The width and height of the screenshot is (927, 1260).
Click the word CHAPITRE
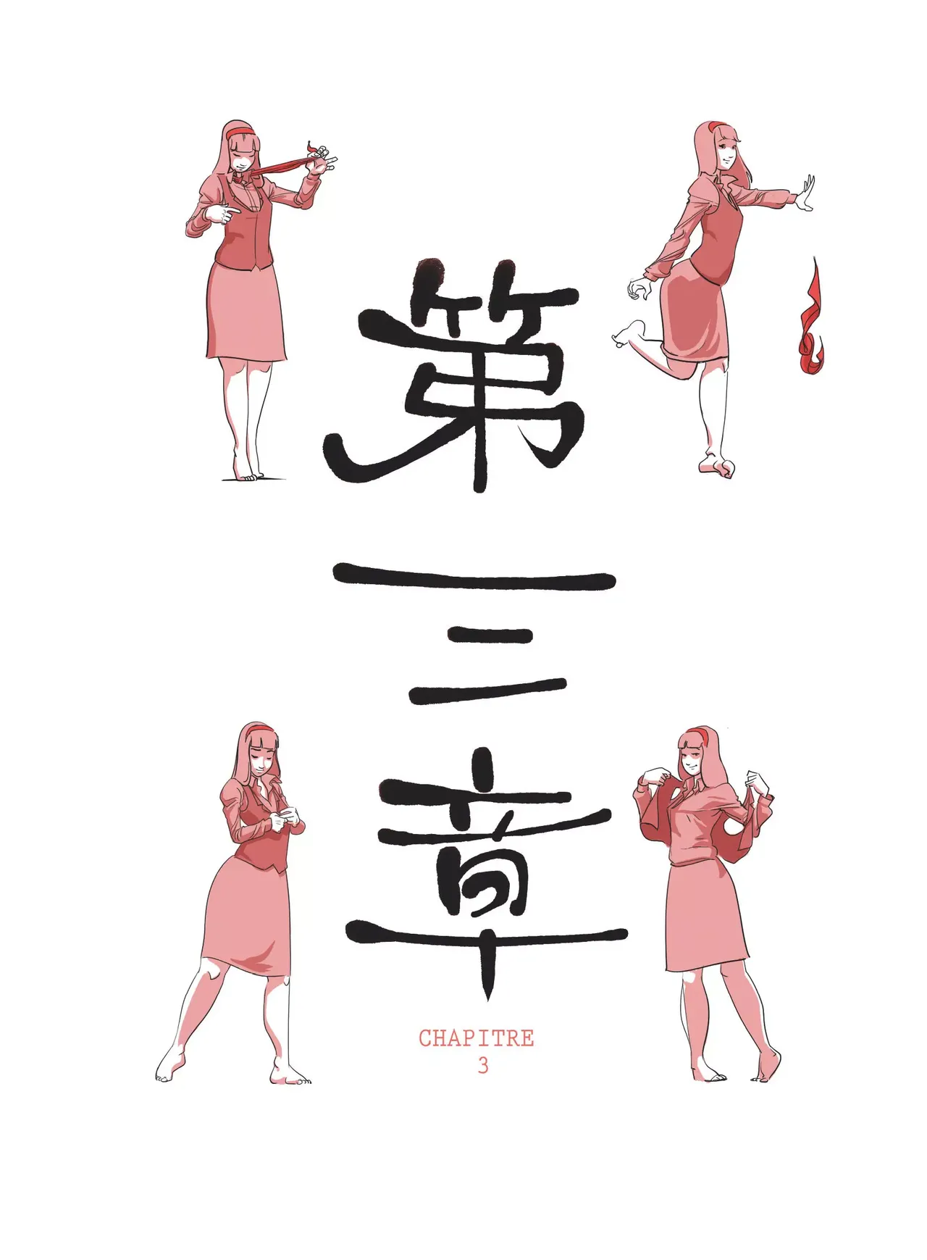(x=476, y=1038)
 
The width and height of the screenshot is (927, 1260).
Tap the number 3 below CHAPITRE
(x=482, y=1066)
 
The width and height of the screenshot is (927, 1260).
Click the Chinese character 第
(x=455, y=375)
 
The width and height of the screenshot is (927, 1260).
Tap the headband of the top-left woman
(x=240, y=131)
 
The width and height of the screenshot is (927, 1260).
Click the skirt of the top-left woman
(x=246, y=312)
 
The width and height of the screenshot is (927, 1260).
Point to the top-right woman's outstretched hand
(x=805, y=193)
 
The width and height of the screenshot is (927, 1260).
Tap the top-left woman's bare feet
(x=246, y=473)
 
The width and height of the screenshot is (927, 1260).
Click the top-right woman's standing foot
(x=716, y=466)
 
